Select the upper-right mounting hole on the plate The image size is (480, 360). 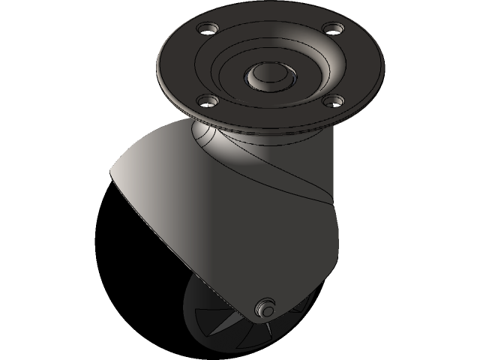click(x=330, y=29)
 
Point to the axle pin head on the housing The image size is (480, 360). click(x=264, y=307)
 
